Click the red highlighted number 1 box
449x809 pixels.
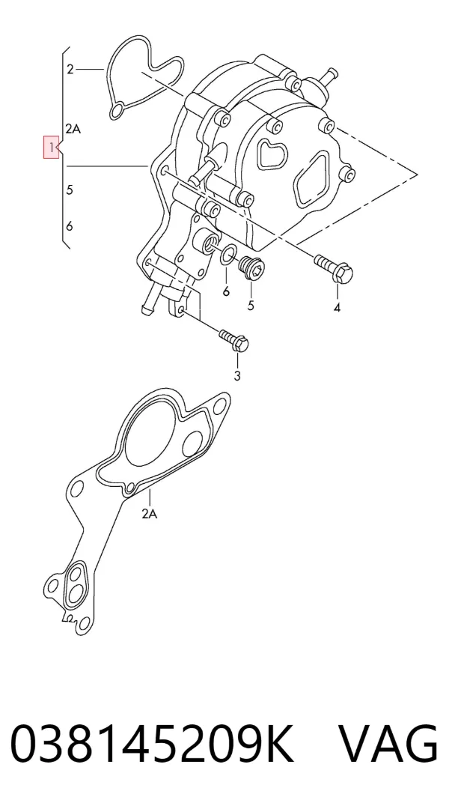(51, 148)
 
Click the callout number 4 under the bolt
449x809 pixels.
(337, 308)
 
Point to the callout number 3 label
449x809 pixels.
(237, 376)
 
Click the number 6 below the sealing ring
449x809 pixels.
(226, 291)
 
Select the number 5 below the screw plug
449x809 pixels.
(251, 306)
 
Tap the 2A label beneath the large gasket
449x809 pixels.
(149, 514)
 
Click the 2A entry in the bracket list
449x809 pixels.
(73, 129)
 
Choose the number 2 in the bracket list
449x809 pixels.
(70, 69)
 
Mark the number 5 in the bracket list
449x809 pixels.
(70, 190)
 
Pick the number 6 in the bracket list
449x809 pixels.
(70, 226)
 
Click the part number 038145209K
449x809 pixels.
(152, 744)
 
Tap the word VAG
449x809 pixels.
(388, 744)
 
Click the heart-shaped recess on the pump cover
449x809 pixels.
(271, 154)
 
